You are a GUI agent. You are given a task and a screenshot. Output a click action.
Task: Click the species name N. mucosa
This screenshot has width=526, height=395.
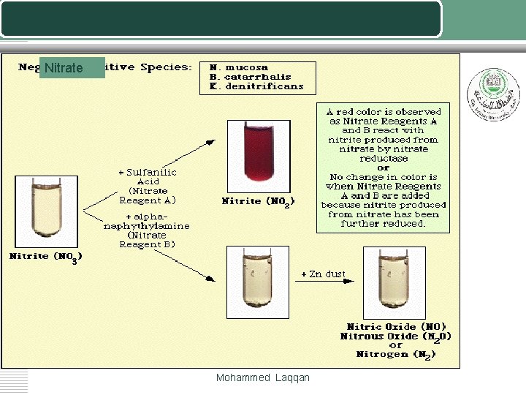(x=239, y=67)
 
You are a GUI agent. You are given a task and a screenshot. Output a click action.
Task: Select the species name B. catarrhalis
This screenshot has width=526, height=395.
(x=250, y=77)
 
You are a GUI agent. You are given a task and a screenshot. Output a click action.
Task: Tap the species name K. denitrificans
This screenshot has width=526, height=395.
(x=256, y=86)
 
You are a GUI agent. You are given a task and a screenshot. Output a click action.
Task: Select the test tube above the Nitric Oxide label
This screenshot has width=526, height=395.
(x=385, y=279)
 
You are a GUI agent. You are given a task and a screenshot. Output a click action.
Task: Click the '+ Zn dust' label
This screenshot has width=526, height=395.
(x=324, y=274)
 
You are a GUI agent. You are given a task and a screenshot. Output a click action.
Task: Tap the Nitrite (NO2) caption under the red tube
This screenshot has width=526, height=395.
(x=257, y=201)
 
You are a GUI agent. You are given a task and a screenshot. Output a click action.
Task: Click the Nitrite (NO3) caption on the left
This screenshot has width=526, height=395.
(x=45, y=257)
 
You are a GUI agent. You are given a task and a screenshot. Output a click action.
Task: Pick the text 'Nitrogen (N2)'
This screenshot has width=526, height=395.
(x=396, y=355)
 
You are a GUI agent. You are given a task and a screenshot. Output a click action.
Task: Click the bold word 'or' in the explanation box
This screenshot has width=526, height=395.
(x=384, y=168)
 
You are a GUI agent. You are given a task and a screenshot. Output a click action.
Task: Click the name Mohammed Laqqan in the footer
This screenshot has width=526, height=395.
(x=263, y=378)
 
